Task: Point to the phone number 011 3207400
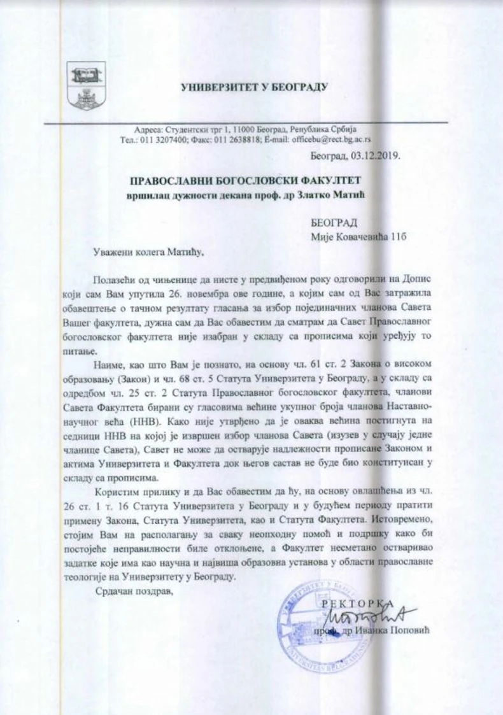tap(162, 139)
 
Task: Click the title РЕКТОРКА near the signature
tap(350, 602)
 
